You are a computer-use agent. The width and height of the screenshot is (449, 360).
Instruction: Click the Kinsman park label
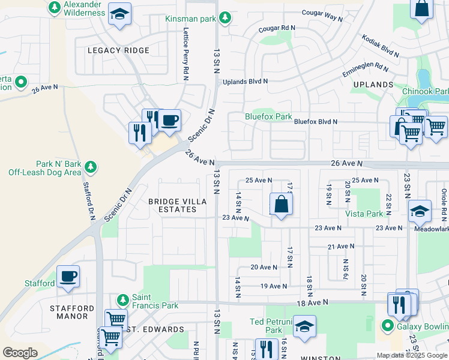(190, 19)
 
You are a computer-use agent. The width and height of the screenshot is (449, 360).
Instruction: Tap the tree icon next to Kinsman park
(225, 19)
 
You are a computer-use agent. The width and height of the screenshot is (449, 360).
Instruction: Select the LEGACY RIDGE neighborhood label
(118, 50)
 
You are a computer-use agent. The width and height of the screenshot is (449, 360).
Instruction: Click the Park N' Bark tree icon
(91, 166)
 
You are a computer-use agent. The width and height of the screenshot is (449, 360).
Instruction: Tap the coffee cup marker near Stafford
(68, 277)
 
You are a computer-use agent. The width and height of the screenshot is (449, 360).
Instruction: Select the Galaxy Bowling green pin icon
(387, 326)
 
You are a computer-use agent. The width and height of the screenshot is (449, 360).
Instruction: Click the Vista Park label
(364, 214)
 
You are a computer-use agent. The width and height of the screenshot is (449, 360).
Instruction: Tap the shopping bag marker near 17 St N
(282, 205)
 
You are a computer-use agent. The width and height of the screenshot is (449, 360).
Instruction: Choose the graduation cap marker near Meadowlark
(420, 211)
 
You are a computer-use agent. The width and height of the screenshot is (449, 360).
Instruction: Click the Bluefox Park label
(268, 116)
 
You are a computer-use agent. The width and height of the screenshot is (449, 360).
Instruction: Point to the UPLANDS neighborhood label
(373, 85)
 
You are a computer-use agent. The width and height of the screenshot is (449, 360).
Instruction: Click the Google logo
(20, 352)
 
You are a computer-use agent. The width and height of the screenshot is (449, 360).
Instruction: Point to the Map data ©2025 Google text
(412, 355)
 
